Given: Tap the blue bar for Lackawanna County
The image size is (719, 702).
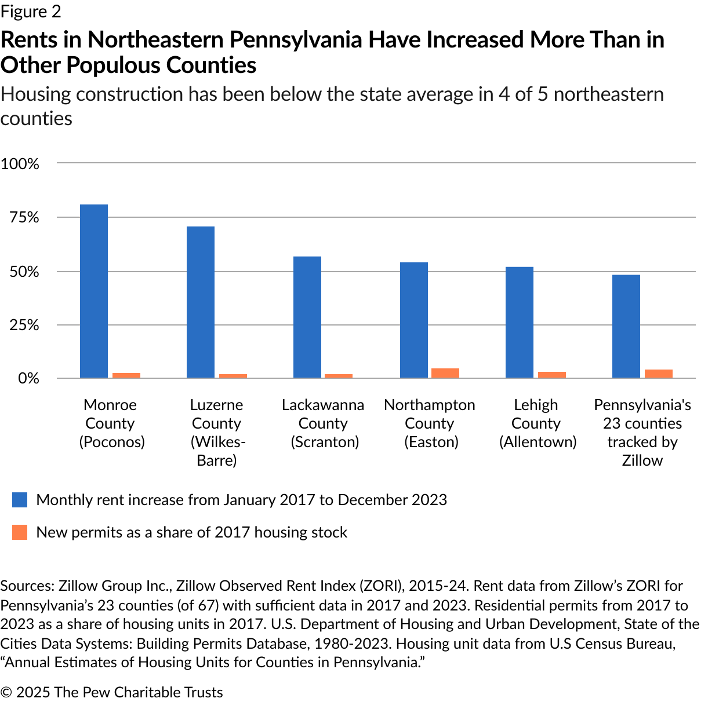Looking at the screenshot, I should (x=307, y=317).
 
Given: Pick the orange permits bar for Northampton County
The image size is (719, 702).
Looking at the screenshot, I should (x=445, y=373).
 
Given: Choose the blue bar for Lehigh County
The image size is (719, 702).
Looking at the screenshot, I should (x=520, y=323).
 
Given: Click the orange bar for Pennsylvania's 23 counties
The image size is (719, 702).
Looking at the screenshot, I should (x=659, y=374).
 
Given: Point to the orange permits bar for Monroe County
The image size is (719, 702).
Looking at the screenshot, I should (x=126, y=375).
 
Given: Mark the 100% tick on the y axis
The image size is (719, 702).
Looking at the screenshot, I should (x=20, y=164).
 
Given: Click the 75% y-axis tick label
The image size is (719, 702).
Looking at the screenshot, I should (x=24, y=218).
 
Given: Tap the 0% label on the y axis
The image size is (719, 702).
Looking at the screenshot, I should (x=28, y=378).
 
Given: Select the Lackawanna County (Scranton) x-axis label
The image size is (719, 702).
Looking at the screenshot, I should (x=323, y=423).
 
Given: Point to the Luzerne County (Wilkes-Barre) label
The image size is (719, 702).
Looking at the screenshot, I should (x=217, y=433).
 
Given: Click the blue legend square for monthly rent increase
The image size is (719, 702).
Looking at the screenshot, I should (x=20, y=500).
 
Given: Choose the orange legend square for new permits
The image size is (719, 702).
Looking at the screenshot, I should (x=20, y=532).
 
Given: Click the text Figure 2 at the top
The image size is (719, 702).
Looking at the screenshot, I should (x=31, y=12).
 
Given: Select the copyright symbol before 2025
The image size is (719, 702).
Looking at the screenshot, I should (x=6, y=693).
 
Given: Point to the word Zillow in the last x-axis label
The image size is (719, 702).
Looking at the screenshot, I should (x=642, y=460).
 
